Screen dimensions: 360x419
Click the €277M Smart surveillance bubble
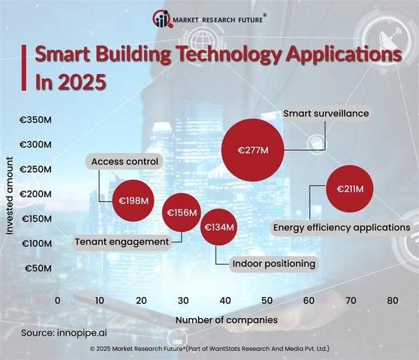pos(252,149)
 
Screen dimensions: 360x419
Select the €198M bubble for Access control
pos(134,201)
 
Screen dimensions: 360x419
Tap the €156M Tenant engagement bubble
pos(181,213)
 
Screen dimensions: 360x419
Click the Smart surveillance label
pos(326,113)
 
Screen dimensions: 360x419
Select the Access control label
pos(125,162)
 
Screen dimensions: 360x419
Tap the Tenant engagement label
pos(122,242)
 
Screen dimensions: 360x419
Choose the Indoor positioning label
pos(274,263)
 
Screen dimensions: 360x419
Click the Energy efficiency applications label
pos(341,227)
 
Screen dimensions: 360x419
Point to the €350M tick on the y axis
pos(35,120)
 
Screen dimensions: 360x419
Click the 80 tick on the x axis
pos(392,301)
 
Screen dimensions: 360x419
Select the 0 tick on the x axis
pos(57,301)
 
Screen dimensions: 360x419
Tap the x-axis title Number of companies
pos(226,319)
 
